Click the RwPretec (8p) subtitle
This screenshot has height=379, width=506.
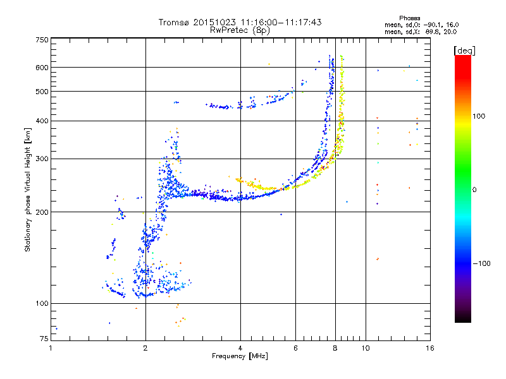pyautogui.click(x=240, y=30)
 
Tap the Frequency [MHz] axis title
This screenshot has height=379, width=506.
pyautogui.click(x=240, y=356)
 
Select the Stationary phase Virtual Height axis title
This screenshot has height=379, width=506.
pyautogui.click(x=28, y=189)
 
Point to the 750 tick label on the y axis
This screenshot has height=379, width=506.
pyautogui.click(x=42, y=40)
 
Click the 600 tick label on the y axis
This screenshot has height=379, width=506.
pyautogui.click(x=42, y=68)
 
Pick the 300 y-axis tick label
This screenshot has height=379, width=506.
pyautogui.click(x=42, y=159)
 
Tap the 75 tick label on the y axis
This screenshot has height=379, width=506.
pyautogui.click(x=44, y=339)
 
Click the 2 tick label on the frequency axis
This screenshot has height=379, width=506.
pyautogui.click(x=145, y=348)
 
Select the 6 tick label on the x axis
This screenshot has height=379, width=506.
pyautogui.click(x=295, y=348)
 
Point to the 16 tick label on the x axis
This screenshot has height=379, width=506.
pyautogui.click(x=430, y=348)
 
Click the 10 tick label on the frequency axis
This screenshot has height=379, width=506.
pyautogui.click(x=366, y=348)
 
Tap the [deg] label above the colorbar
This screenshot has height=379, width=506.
pyautogui.click(x=465, y=51)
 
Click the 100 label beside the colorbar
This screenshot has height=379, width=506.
pyautogui.click(x=479, y=116)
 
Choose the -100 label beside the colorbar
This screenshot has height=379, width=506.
pyautogui.click(x=481, y=263)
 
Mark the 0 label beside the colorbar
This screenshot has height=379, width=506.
pyautogui.click(x=474, y=190)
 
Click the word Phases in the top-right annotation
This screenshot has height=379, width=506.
pyautogui.click(x=409, y=18)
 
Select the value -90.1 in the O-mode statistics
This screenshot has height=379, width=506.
pyautogui.click(x=433, y=25)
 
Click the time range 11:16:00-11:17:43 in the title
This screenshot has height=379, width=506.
pyautogui.click(x=281, y=22)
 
